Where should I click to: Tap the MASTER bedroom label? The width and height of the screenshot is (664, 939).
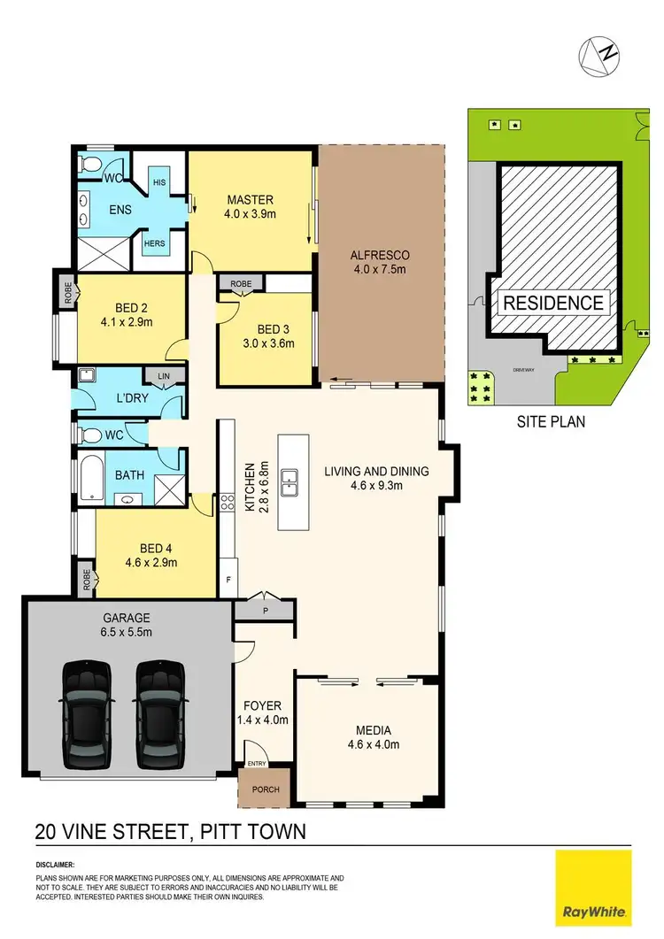click(x=250, y=199)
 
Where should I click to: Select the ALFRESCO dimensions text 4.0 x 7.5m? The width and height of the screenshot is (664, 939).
click(x=380, y=272)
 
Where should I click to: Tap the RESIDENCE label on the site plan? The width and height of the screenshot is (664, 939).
click(x=554, y=303)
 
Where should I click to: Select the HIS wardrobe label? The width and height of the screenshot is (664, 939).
click(x=159, y=182)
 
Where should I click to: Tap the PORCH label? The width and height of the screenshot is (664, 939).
click(x=266, y=789)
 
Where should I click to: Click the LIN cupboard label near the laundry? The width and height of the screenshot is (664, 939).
click(x=162, y=376)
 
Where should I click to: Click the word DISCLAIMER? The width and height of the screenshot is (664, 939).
click(x=56, y=864)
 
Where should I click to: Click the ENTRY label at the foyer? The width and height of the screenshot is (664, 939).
click(x=257, y=764)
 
